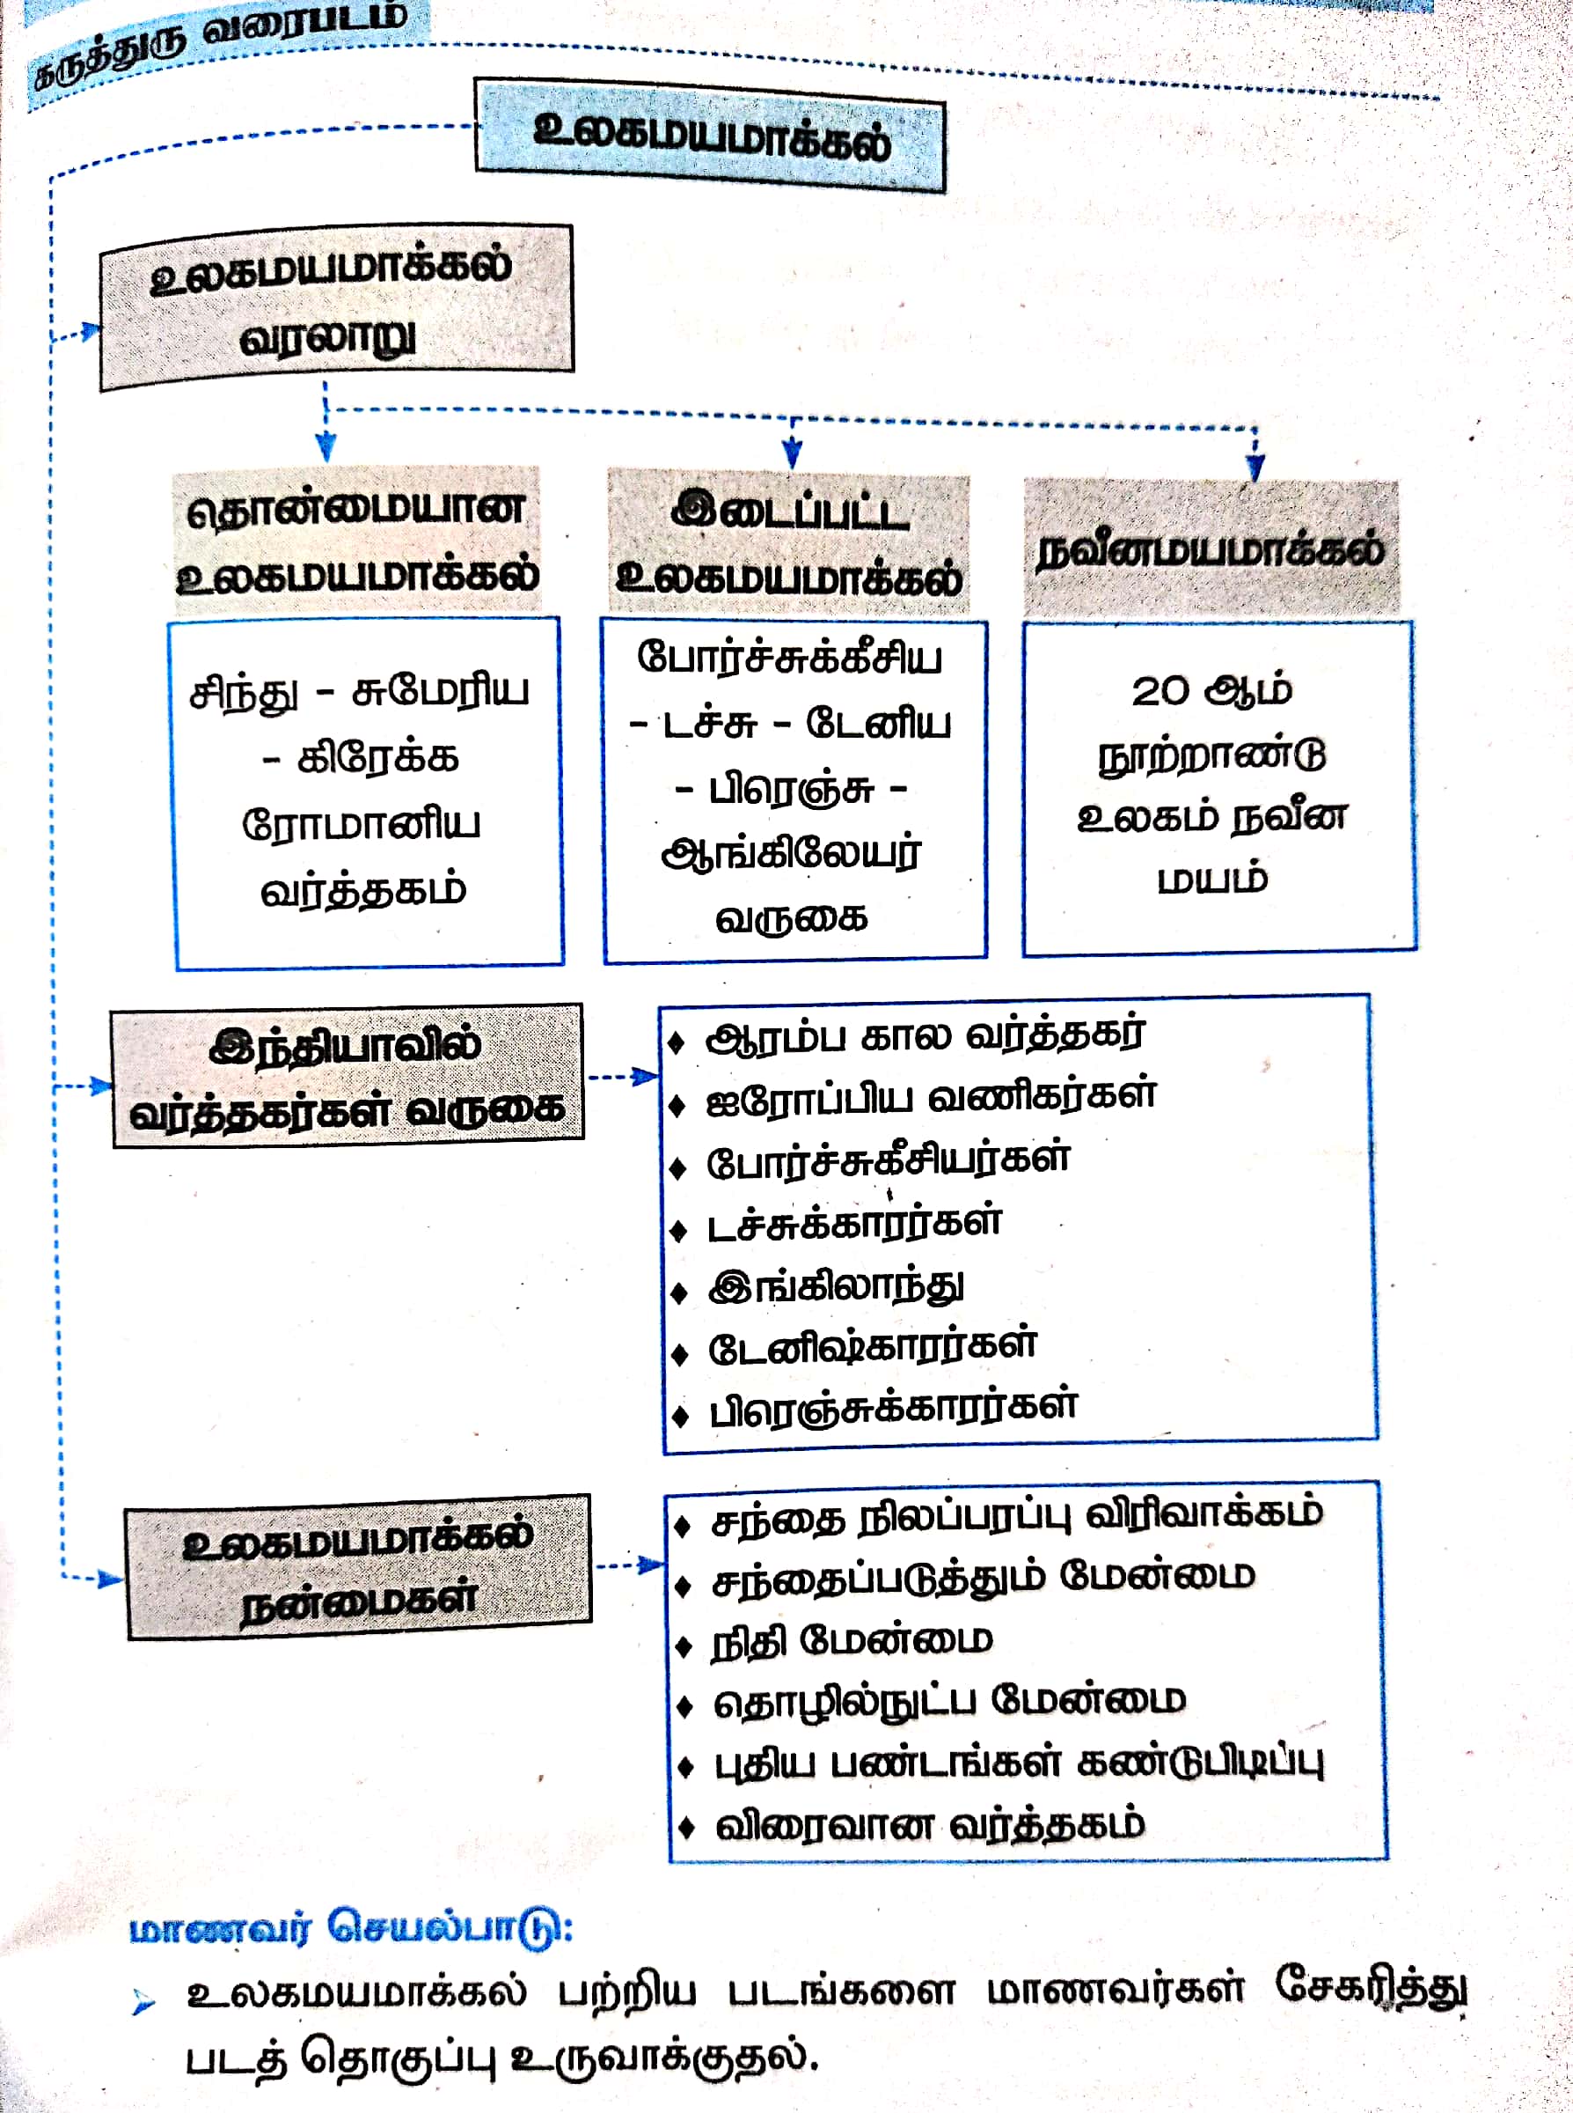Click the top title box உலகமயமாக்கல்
[x=709, y=136]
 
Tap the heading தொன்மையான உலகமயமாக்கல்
[x=357, y=541]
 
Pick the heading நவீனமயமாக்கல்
[x=1211, y=549]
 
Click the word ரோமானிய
[x=361, y=824]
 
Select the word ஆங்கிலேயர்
[x=791, y=854]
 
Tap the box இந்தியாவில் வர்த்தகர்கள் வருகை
[x=347, y=1077]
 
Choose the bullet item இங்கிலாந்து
[x=835, y=1286]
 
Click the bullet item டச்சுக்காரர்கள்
[x=854, y=1223]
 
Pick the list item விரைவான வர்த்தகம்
[x=929, y=1825]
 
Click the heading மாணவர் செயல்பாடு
[x=351, y=1928]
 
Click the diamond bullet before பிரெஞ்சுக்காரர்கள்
[x=680, y=1416]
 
